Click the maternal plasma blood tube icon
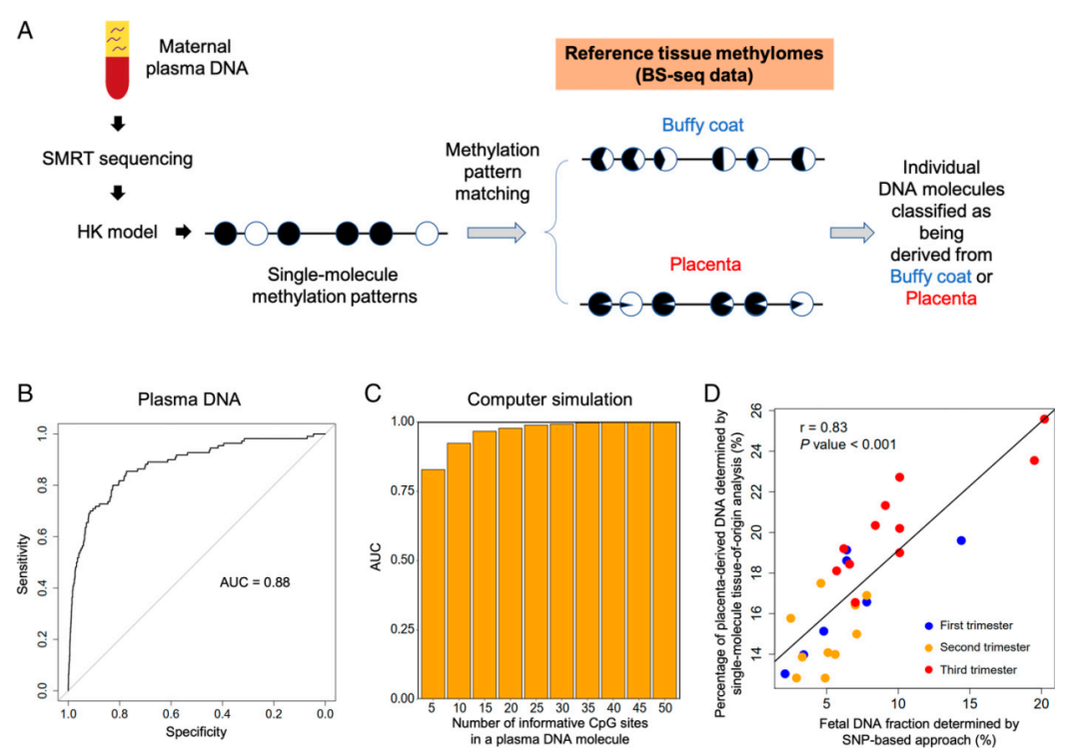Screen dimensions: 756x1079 coord(118,59)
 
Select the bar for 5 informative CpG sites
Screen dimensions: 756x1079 coord(433,583)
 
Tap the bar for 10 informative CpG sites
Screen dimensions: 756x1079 coord(459,569)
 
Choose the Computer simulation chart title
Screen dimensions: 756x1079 coord(551,398)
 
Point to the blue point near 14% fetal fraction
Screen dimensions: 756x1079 coord(961,540)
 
